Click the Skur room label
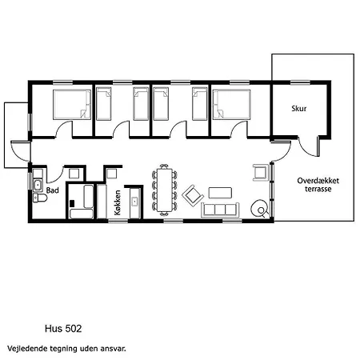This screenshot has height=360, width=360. [x=298, y=109]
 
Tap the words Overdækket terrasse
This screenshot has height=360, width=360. [x=318, y=185]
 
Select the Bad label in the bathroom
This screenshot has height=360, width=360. [x=53, y=190]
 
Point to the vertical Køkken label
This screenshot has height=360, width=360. [x=118, y=202]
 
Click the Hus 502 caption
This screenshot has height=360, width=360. [x=63, y=329]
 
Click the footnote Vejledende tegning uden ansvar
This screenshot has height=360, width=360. [x=66, y=349]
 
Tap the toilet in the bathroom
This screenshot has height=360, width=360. [x=40, y=198]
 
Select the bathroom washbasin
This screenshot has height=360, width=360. [x=38, y=185]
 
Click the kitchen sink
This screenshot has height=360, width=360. [x=135, y=202]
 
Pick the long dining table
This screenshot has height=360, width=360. [x=165, y=190]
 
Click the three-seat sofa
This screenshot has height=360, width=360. [x=220, y=210]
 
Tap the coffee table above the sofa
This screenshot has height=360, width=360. [x=220, y=193]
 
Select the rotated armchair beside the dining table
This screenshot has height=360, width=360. [x=193, y=196]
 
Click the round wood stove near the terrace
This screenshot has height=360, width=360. [x=259, y=208]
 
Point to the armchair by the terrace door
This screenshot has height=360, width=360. [x=261, y=172]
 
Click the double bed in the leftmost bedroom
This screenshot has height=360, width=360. [x=72, y=105]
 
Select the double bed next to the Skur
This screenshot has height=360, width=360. [x=231, y=105]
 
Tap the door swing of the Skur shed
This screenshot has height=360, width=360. [x=308, y=146]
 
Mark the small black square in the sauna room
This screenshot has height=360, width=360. [x=72, y=203]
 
